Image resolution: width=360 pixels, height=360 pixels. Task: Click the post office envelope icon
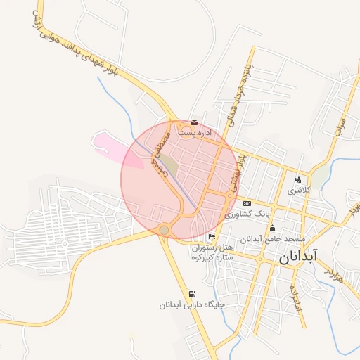195,122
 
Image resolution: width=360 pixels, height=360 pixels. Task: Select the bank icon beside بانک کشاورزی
247,202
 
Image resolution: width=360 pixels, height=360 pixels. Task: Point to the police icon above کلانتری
298,179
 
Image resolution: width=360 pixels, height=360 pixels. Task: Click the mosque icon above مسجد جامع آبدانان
273,229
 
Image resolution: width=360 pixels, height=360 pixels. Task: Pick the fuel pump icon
193,294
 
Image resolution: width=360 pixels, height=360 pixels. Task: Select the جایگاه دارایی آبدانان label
191,305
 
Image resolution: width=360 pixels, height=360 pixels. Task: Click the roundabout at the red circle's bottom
164,229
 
